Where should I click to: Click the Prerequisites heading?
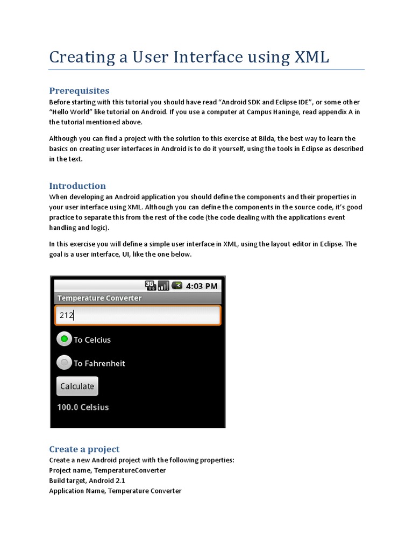click(x=79, y=90)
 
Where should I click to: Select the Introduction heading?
click(x=77, y=186)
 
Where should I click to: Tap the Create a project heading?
click(x=84, y=449)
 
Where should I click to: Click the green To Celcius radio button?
click(x=65, y=339)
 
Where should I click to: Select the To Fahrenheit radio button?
click(x=65, y=363)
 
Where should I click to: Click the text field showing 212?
click(x=138, y=315)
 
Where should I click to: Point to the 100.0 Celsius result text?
click(x=83, y=407)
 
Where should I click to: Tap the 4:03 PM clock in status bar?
click(x=202, y=286)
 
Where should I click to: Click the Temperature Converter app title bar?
click(x=99, y=298)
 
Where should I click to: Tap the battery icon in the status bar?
click(x=177, y=286)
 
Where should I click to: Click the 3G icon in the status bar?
click(x=151, y=286)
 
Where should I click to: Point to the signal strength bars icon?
click(x=163, y=286)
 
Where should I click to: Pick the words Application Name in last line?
click(x=76, y=491)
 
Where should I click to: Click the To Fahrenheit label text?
click(x=99, y=363)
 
